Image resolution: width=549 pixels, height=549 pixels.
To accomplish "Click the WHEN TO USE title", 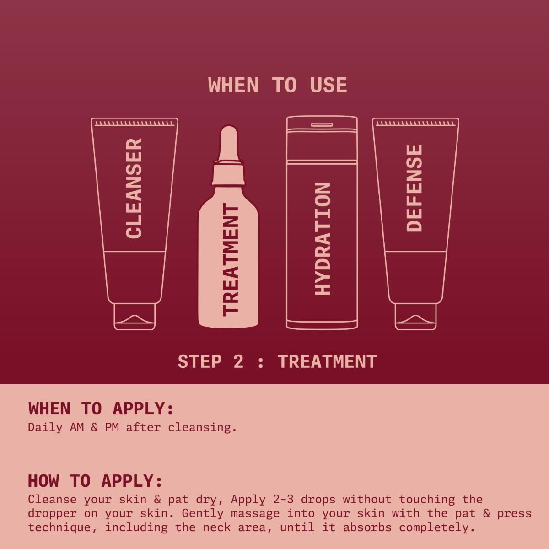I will click(277, 85).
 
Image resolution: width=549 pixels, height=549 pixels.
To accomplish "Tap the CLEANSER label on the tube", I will click(134, 188).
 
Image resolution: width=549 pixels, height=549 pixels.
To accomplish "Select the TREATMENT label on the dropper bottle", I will click(230, 259).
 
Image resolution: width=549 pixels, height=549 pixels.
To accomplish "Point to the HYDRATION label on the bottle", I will click(323, 238).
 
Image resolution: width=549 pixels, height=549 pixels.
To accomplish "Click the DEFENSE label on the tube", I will click(414, 188).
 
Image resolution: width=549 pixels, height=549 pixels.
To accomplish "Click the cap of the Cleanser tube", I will click(135, 317).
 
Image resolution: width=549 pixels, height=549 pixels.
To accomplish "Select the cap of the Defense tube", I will click(415, 317).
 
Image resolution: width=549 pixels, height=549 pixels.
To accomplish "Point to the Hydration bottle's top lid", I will click(322, 124).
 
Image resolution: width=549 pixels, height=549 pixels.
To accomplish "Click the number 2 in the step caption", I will click(238, 361).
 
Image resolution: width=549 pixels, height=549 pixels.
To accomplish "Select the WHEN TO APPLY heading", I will click(101, 408).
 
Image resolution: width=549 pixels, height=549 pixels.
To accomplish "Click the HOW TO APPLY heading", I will click(95, 481).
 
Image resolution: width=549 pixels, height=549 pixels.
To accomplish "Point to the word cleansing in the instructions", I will click(202, 427).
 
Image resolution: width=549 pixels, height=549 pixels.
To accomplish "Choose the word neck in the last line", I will click(217, 527).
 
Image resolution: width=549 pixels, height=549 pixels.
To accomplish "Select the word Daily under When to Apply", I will click(45, 427).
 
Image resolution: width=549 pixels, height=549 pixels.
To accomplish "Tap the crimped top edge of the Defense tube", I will click(415, 123).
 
